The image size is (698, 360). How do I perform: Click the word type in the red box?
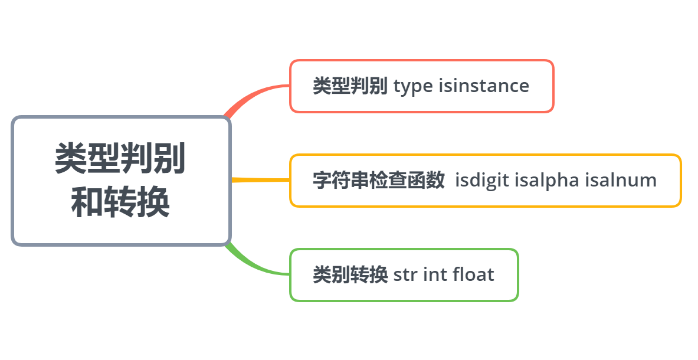[413, 86]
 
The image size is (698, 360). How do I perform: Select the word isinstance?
[484, 86]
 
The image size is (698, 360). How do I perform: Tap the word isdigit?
[482, 180]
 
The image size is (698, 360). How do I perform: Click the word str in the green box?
[405, 274]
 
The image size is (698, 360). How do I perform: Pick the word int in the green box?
[434, 274]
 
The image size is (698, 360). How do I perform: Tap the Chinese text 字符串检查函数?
[378, 180]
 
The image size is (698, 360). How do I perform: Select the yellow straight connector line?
[260, 179]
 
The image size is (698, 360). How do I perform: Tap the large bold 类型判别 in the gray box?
[120, 159]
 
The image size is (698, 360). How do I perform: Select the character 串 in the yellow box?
[359, 180]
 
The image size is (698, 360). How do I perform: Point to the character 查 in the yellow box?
[397, 180]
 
